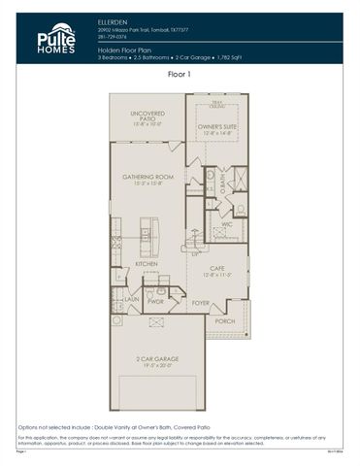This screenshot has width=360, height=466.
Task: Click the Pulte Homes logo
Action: [x=55, y=38]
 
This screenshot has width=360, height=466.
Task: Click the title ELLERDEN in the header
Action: [x=114, y=19]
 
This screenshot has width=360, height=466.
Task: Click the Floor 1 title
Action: [x=180, y=74]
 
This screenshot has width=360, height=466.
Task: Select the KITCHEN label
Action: [x=147, y=264]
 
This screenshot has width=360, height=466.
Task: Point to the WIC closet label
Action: [x=225, y=223]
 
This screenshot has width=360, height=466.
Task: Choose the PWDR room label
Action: [x=156, y=301]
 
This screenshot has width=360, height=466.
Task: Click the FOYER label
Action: [x=200, y=303]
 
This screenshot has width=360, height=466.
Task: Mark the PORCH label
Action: [x=224, y=321]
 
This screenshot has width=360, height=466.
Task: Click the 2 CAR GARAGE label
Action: [x=157, y=359]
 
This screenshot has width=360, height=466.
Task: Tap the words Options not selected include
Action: [x=58, y=427]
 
